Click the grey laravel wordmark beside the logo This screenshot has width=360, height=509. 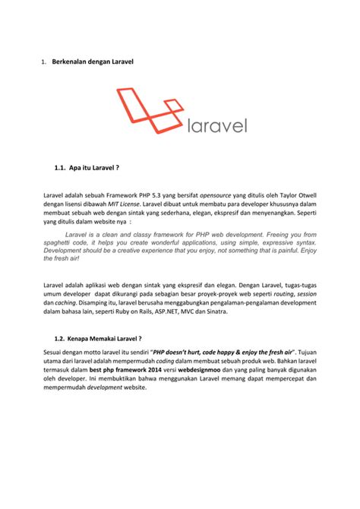click(x=216, y=125)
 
